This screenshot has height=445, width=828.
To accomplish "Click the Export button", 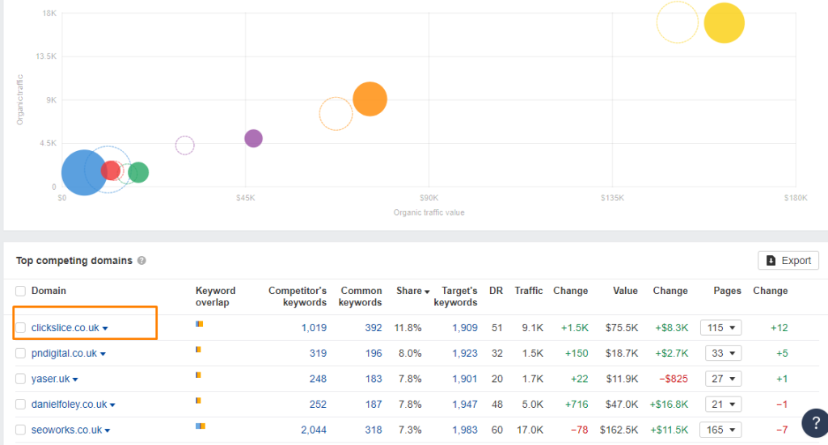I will pos(788,261).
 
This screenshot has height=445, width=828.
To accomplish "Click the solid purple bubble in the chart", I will pos(253,138).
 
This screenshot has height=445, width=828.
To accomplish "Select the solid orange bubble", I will pos(370,99).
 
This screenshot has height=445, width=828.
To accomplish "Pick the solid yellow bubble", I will pos(724,23).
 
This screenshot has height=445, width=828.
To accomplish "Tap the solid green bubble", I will pos(138,172).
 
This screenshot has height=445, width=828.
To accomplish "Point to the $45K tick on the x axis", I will pos(245,198).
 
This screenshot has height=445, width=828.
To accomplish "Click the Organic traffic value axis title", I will pos(429,212).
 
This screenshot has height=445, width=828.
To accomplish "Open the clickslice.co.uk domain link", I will pos(65,328).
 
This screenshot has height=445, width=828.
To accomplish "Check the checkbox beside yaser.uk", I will pos(21,379).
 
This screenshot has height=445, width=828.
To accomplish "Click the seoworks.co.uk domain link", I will pos(66,430).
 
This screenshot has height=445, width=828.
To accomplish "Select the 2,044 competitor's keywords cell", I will pos(313,430).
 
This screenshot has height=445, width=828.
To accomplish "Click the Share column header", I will pos(409,291).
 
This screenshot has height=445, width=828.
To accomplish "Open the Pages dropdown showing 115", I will pos(720,328).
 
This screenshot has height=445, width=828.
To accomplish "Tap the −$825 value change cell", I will pos(671,379).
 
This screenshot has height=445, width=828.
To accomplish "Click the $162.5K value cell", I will pos(618,430).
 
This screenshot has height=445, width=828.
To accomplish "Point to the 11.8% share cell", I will pos(408,328).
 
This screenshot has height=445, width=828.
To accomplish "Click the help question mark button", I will pos(813,422).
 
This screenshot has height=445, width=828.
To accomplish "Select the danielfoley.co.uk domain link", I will pos(69,405).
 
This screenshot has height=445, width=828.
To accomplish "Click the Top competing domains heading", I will pos(74,261).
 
